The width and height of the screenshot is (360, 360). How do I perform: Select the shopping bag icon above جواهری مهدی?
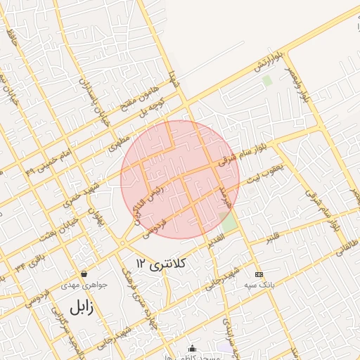point(84,274)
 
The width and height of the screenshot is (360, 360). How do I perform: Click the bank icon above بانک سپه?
point(259,274)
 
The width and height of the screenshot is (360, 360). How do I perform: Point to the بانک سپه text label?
point(259,285)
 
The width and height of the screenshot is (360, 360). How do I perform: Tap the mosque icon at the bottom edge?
point(192,347)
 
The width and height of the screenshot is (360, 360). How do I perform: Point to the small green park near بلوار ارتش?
point(267,80)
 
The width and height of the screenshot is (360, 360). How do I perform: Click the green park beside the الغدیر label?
point(229,224)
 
